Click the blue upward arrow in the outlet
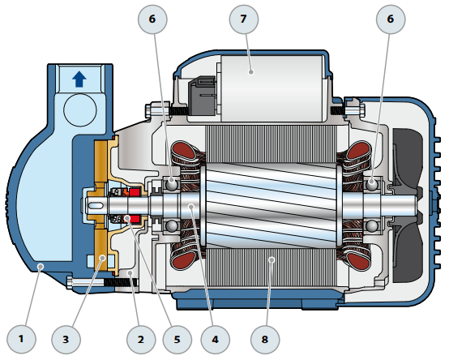tap(78, 79)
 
